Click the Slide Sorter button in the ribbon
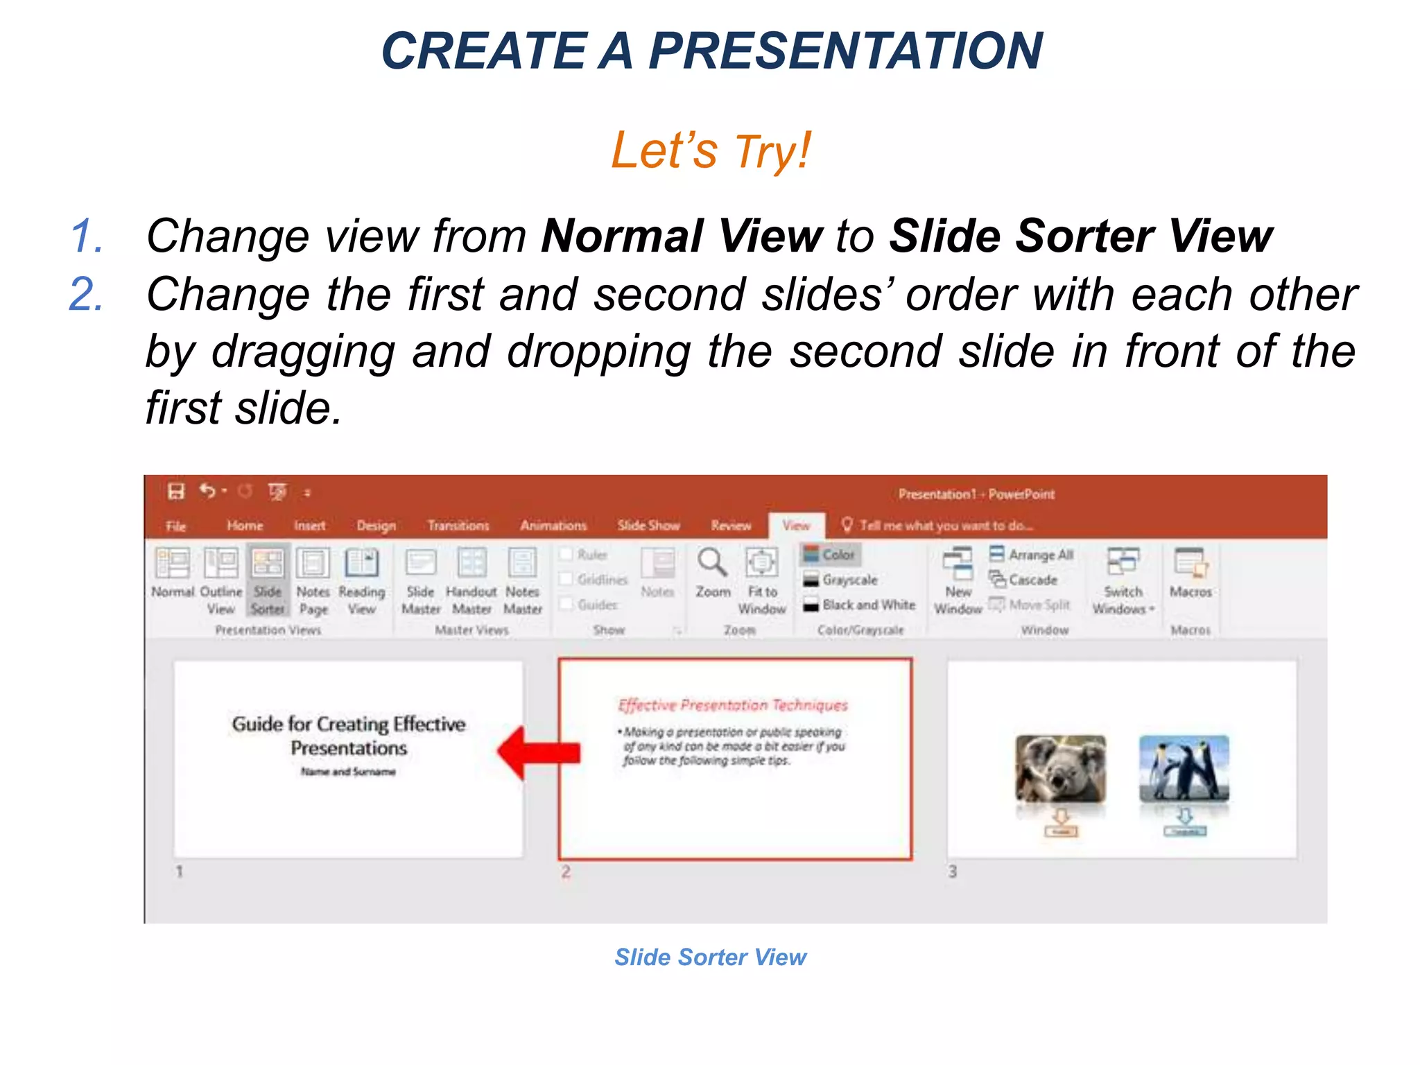pyautogui.click(x=268, y=579)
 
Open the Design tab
pyautogui.click(x=376, y=526)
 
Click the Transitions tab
pyautogui.click(x=458, y=526)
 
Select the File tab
pyautogui.click(x=176, y=526)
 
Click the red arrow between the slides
pyautogui.click(x=539, y=753)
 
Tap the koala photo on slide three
pyautogui.click(x=1060, y=768)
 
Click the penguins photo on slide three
pyautogui.click(x=1184, y=768)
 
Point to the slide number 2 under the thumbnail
pyautogui.click(x=566, y=872)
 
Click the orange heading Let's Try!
pyautogui.click(x=710, y=150)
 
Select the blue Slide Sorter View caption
pyautogui.click(x=710, y=957)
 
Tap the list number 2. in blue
pyautogui.click(x=87, y=294)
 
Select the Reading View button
pyautogui.click(x=361, y=579)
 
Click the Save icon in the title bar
pyautogui.click(x=176, y=492)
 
